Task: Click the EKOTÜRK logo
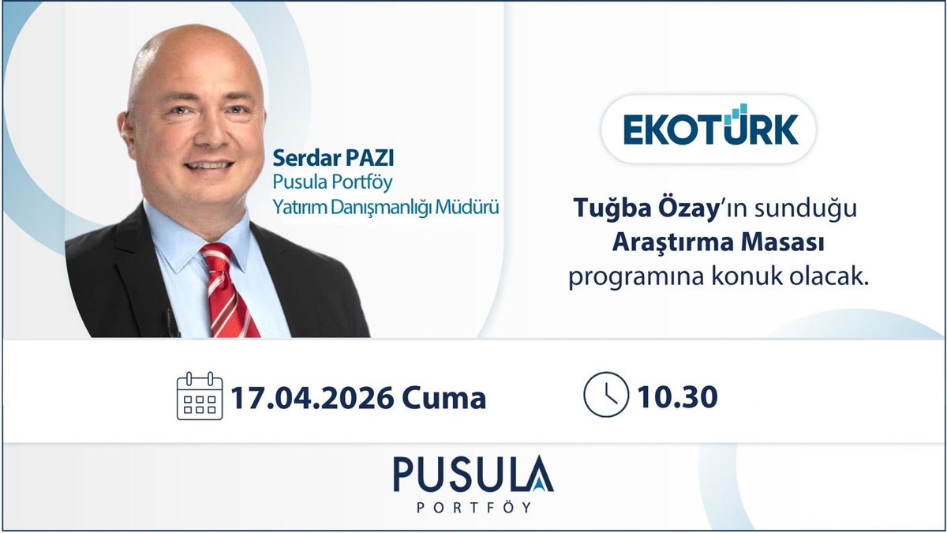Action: coord(709,129)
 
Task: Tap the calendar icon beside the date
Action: coord(200,396)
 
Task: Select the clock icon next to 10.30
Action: coord(605,395)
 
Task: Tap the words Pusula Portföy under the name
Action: coord(332,182)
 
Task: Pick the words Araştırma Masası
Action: coord(719,245)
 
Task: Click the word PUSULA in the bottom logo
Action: coord(473,474)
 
